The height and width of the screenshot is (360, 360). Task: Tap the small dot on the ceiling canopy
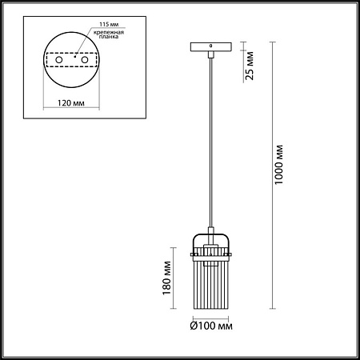click(211, 46)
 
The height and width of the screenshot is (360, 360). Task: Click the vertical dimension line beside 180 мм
click(178, 280)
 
